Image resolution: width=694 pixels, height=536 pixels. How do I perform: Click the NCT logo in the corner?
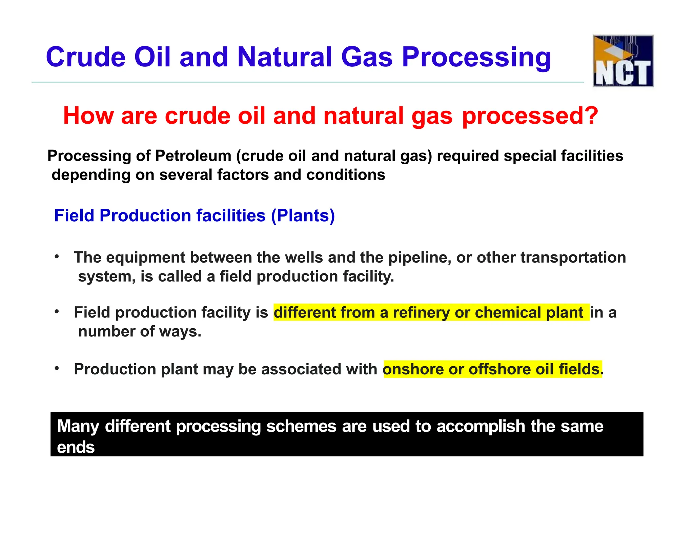pos(623,61)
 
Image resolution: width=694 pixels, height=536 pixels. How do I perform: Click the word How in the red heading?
pos(88,116)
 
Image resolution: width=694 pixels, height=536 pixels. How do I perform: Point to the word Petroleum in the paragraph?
pos(193,156)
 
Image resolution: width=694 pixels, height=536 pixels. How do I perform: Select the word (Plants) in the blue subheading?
pos(303,215)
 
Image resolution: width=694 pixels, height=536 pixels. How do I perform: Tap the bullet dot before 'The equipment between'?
pos(57,256)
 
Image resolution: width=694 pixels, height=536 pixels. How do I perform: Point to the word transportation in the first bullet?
pos(573,257)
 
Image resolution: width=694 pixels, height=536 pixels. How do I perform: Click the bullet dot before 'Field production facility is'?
pos(57,311)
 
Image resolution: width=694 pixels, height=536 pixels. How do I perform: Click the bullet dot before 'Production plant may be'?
pos(57,368)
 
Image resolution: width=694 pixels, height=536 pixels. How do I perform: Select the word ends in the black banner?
pos(76,447)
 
